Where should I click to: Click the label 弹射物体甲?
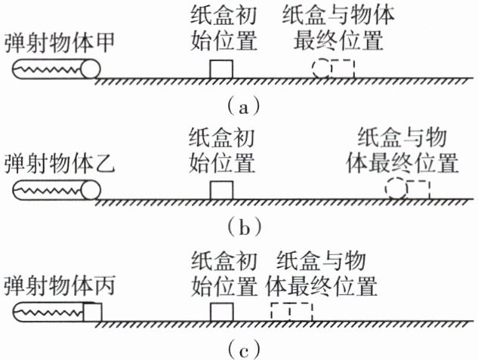59,43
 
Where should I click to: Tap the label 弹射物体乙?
59,165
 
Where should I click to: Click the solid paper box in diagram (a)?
220,69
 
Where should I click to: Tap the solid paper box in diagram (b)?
220,190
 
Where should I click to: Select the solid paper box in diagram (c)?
220,312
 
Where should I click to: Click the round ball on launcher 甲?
91,69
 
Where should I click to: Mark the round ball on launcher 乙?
91,191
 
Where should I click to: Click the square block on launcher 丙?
91,312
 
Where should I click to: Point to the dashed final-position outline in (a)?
333,68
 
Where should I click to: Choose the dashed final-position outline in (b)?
407,189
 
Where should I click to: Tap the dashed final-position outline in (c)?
290,312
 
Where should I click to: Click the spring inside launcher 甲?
48,69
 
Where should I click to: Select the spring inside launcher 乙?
48,191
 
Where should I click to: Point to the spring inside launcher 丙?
48,312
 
